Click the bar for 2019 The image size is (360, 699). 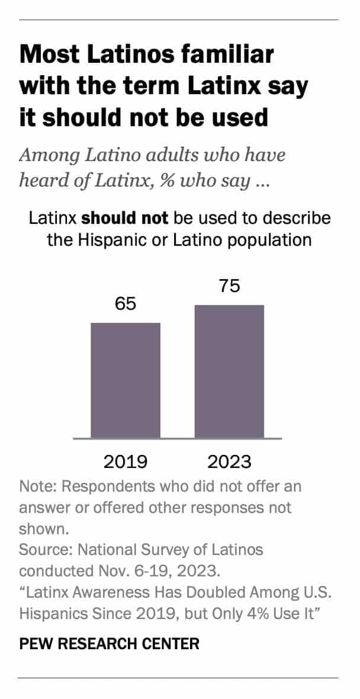125,380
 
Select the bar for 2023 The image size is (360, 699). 229,371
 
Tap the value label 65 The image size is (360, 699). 125,304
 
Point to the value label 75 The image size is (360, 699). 229,287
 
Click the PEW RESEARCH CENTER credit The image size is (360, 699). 109,644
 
